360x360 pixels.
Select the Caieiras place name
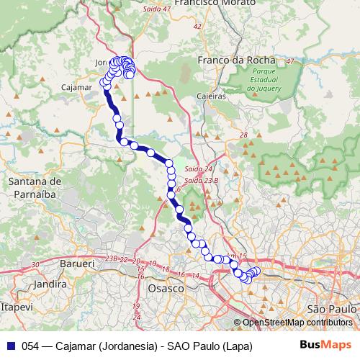(211, 95)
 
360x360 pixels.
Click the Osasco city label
(166, 287)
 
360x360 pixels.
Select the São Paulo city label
(332, 308)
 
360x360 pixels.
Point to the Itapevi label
(17, 307)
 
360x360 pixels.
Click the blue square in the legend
(10, 346)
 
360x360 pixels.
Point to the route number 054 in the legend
(31, 346)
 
